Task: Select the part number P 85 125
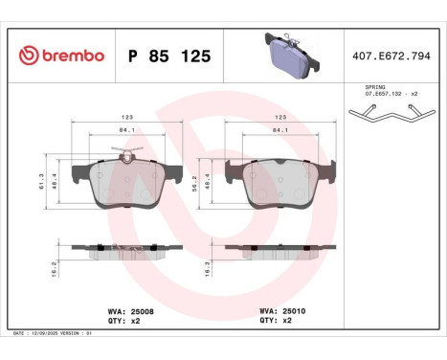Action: coord(168,56)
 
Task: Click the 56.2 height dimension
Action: coord(208,181)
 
